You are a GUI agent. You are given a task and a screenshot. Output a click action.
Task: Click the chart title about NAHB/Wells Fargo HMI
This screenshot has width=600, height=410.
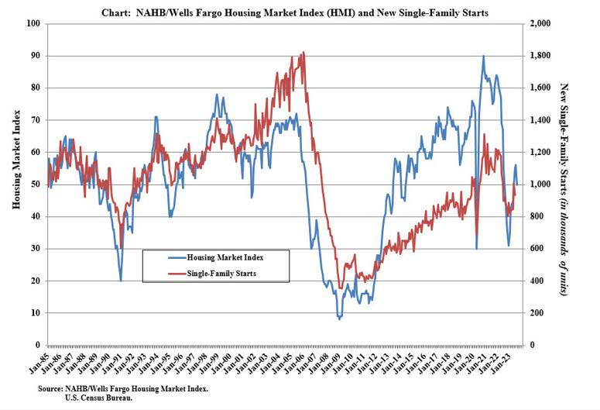tap(300, 12)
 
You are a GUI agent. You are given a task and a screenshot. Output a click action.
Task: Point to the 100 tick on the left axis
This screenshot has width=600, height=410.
tap(35, 23)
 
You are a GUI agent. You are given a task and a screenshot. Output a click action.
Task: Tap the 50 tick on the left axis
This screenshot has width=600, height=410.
tap(36, 184)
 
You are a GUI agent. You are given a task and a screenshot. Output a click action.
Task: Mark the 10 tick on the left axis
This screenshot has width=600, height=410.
tap(36, 313)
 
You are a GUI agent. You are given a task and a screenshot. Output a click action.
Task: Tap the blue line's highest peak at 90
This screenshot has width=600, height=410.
tap(484, 56)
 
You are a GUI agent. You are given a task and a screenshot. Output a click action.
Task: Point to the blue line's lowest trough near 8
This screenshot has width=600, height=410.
tap(339, 319)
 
